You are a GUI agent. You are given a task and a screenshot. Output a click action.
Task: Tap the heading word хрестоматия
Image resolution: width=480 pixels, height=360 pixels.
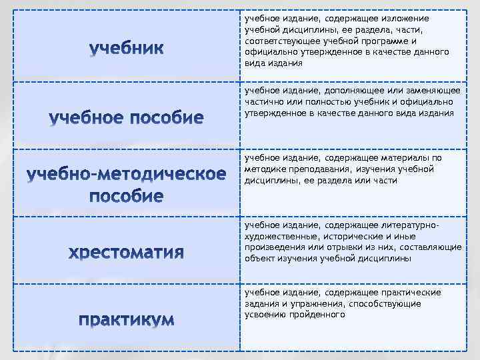pyautogui.click(x=126, y=253)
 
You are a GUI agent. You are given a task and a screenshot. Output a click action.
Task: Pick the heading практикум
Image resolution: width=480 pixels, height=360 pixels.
pyautogui.click(x=126, y=321)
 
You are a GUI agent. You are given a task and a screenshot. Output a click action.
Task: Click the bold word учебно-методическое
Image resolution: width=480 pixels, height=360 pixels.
pyautogui.click(x=126, y=175)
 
